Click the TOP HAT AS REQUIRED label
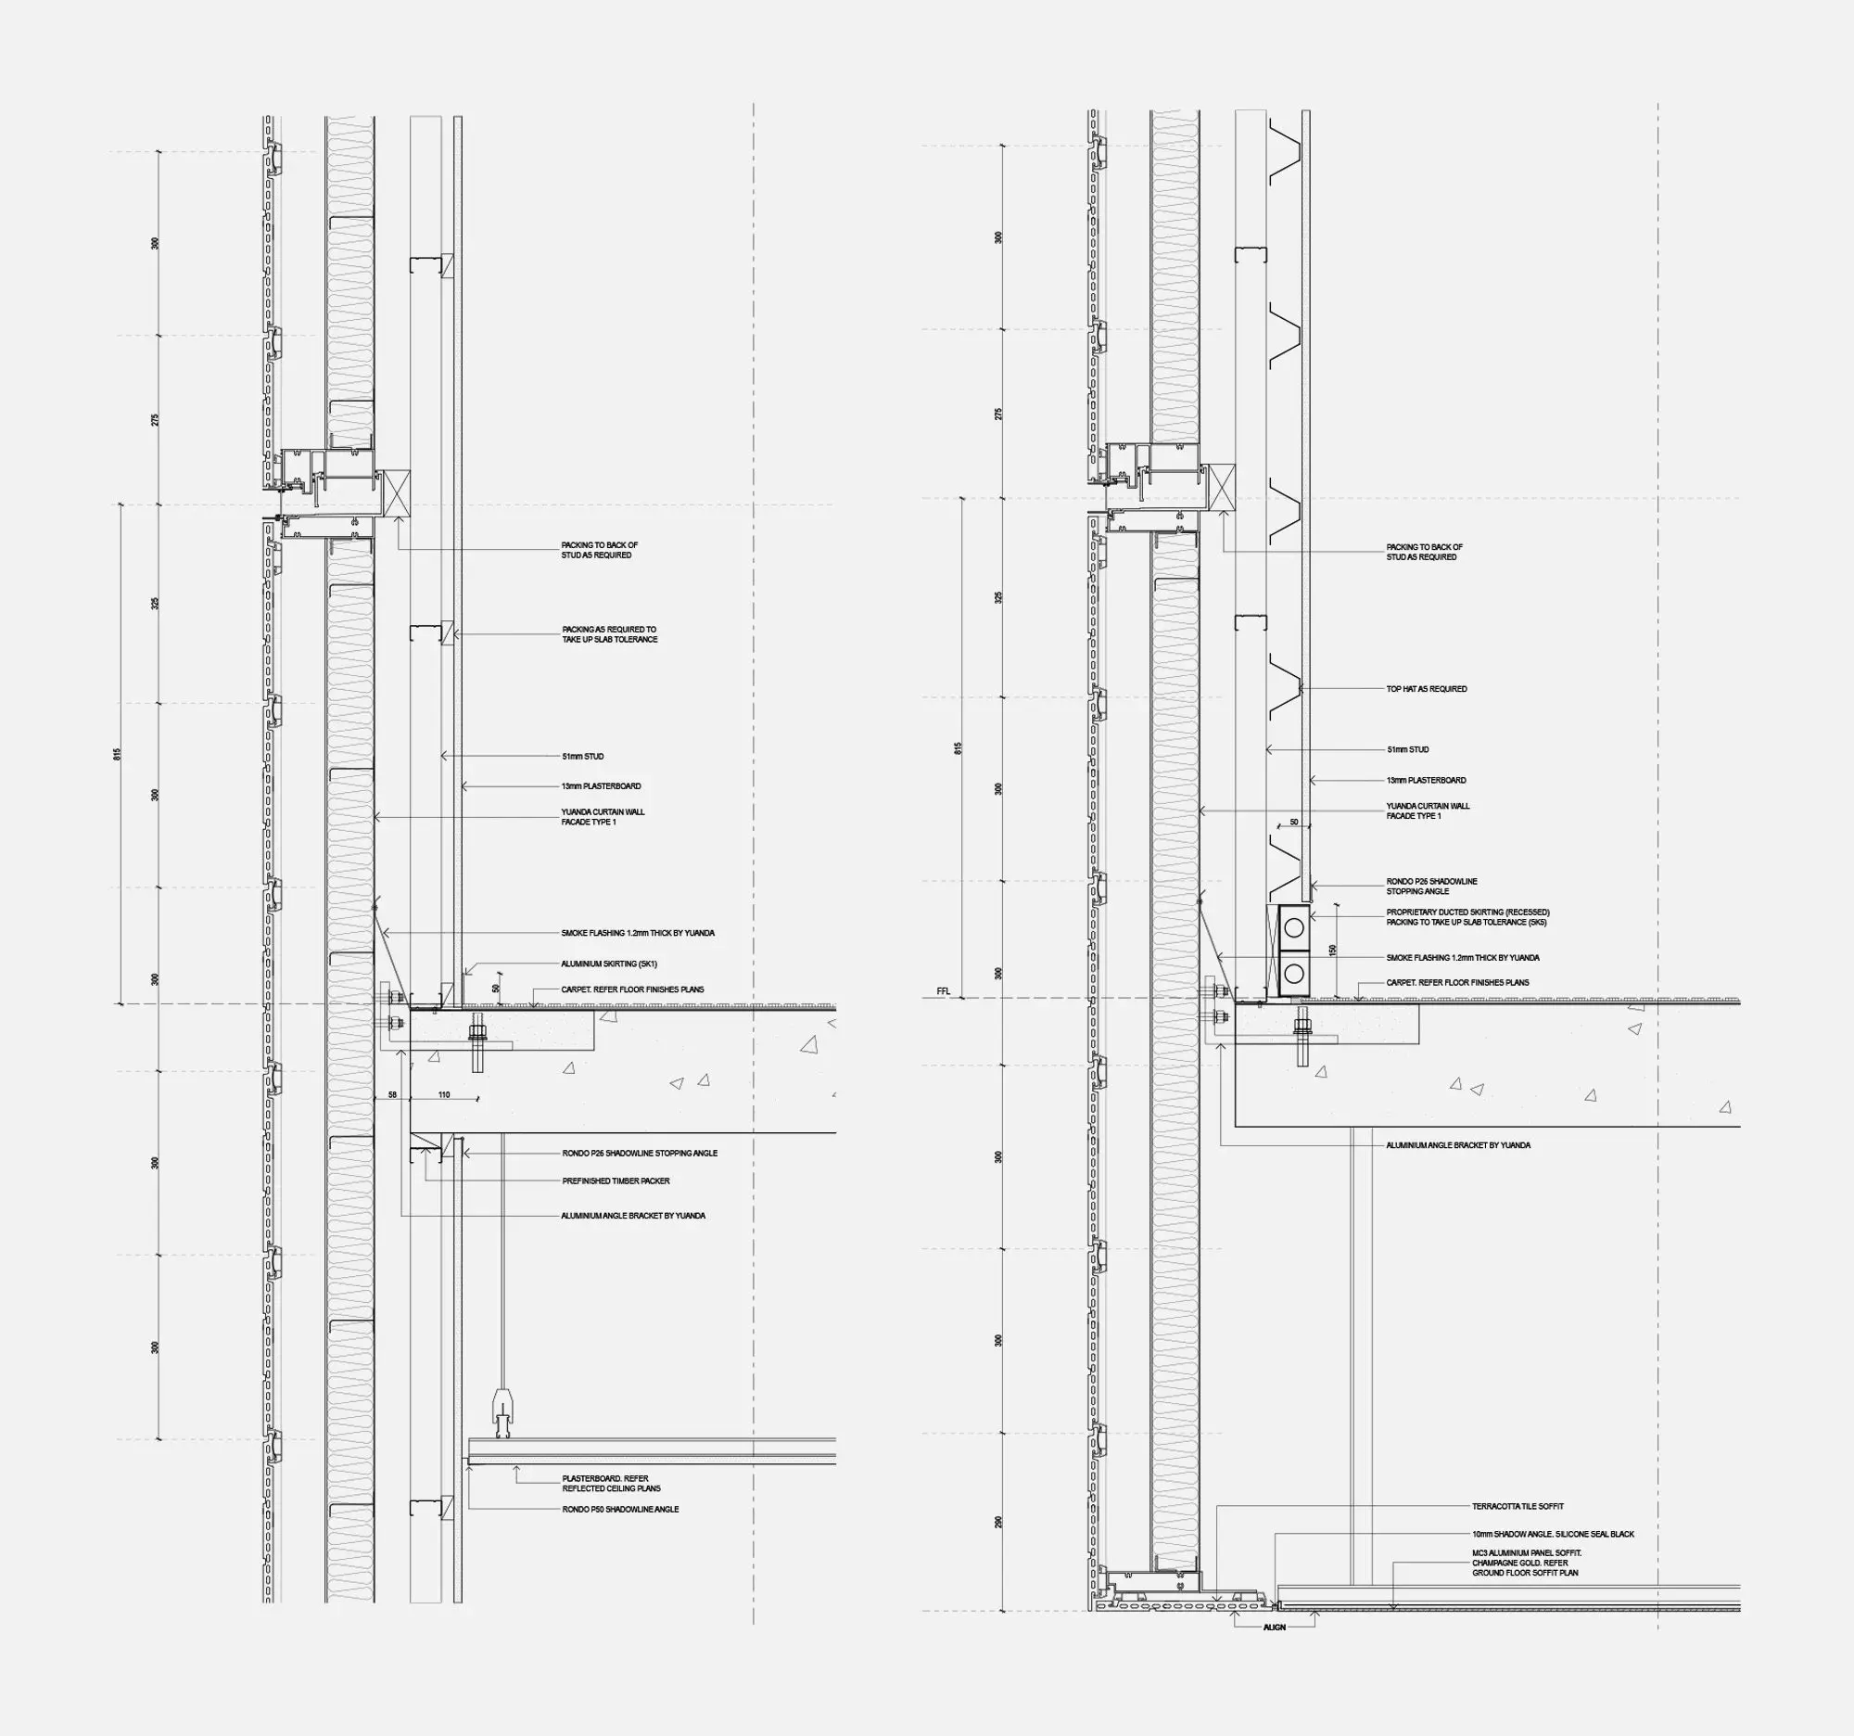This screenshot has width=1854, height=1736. pyautogui.click(x=1426, y=689)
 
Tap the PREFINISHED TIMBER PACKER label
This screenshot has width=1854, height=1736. pyautogui.click(x=616, y=1181)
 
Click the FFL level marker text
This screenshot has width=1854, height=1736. pyautogui.click(x=943, y=990)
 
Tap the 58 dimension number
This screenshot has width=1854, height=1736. pyautogui.click(x=393, y=1094)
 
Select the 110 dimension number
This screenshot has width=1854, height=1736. pyautogui.click(x=444, y=1094)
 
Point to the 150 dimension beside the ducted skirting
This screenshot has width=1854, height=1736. pyautogui.click(x=1333, y=951)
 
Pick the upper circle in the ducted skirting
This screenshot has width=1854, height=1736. pyautogui.click(x=1293, y=927)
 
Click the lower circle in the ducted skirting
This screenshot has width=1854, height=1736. pyautogui.click(x=1293, y=974)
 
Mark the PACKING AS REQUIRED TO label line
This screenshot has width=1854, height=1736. pyautogui.click(x=609, y=630)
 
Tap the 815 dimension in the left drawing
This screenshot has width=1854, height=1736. pyautogui.click(x=118, y=754)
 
